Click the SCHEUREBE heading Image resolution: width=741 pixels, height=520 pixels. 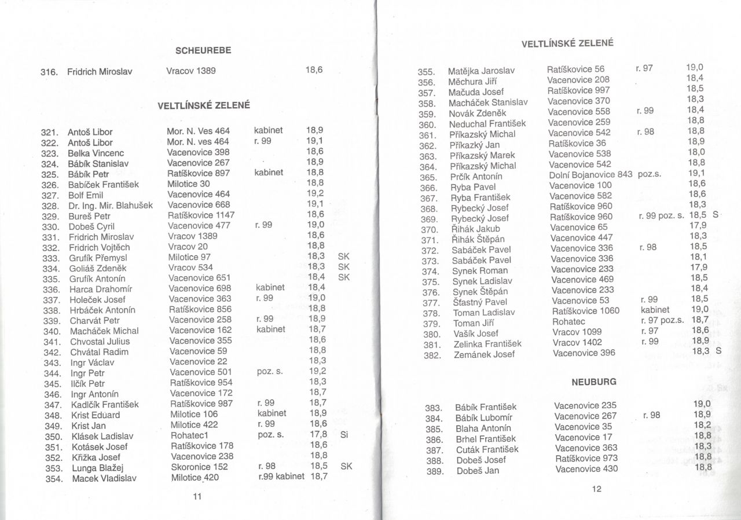203,50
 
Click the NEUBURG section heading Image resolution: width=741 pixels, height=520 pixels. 593,382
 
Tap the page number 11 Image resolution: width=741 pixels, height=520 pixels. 196,496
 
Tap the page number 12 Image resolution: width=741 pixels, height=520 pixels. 597,489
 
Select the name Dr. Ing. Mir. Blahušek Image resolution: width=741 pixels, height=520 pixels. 111,205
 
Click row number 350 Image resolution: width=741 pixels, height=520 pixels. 53,437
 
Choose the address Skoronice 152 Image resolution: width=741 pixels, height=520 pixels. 199,467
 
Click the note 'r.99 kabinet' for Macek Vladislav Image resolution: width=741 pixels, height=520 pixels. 281,477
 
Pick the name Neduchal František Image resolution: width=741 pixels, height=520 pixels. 487,123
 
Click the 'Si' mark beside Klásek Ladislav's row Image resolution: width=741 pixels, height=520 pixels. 344,435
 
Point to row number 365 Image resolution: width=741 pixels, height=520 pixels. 427,177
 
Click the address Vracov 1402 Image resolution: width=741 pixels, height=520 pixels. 577,342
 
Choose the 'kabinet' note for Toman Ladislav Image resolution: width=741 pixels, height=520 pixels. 655,310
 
